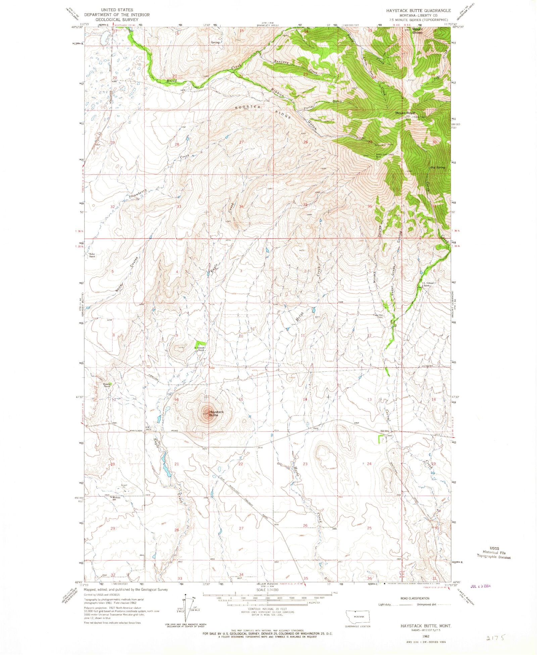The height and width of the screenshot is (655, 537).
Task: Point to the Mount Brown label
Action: tap(417, 31)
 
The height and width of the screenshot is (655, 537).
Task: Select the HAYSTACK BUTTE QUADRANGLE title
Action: tap(418, 11)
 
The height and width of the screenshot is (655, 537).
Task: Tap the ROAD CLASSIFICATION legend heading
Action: tap(415, 598)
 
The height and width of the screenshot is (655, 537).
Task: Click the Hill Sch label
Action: tap(384, 431)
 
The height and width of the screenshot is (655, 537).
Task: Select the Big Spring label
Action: tap(437, 168)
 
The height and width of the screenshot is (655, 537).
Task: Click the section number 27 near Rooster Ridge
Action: tap(241, 142)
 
